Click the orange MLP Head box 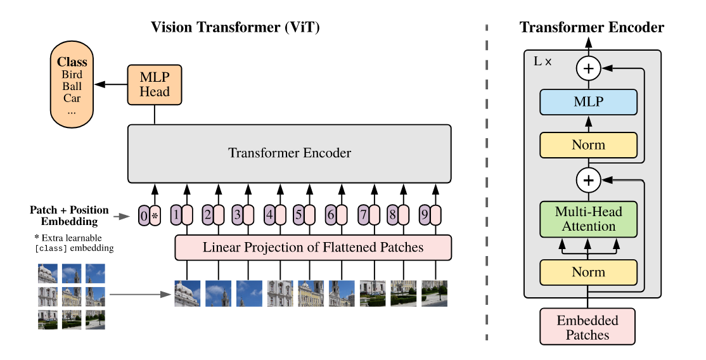point(155,84)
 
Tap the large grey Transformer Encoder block point(290,153)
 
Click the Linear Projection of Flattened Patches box point(313,247)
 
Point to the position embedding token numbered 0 point(144,216)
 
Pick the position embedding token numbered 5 point(298,216)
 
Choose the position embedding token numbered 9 point(425,216)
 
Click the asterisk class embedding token point(155,216)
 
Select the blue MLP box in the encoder point(588,102)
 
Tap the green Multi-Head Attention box point(588,219)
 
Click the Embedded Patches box point(587,327)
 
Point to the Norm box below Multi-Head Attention point(588,273)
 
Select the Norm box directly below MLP point(588,145)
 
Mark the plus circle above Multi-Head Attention point(588,181)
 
